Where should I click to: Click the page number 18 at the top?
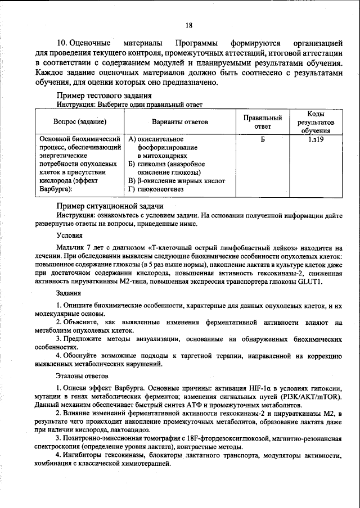(x=188, y=25)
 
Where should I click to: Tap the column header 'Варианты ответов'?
(x=179, y=121)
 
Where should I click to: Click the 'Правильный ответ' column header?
(x=262, y=122)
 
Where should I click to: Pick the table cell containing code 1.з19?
(x=315, y=139)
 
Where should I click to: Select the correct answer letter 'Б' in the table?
(x=262, y=139)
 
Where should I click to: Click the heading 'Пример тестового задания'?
(x=104, y=96)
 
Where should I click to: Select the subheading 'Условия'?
(x=70, y=235)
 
